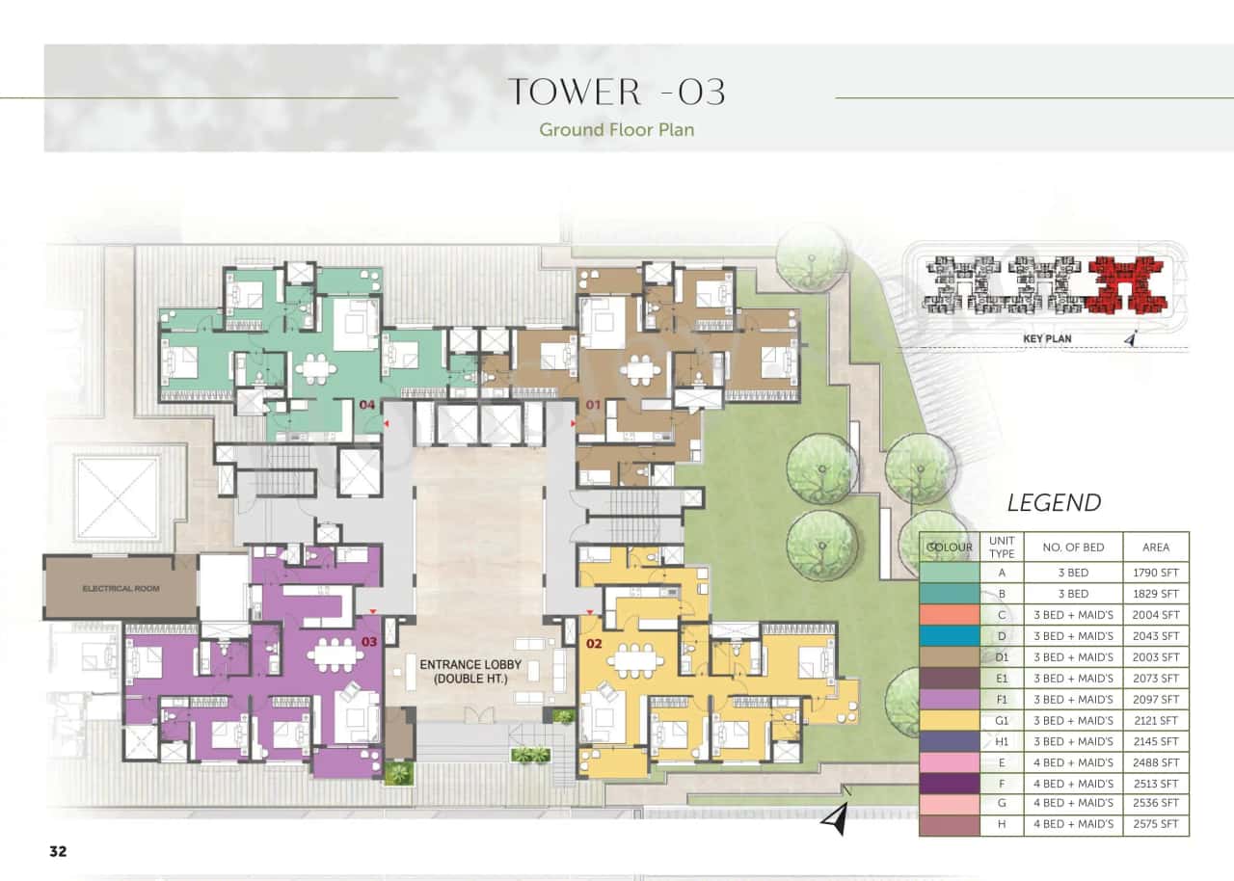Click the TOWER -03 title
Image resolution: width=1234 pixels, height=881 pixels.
pos(616,92)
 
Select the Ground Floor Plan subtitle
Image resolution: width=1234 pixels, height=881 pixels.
pos(616,129)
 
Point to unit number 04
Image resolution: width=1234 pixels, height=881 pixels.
pos(366,406)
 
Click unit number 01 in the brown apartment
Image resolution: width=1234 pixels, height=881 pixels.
pos(592,406)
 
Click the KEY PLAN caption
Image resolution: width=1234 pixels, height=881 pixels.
pos(1046,339)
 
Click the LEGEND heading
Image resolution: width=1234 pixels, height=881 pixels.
pos(1054,502)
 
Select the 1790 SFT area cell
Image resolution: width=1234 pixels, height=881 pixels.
pos(1156,573)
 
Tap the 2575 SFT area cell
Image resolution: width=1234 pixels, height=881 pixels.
pos(1156,825)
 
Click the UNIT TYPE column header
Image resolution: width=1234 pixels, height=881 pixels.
pos(1002,547)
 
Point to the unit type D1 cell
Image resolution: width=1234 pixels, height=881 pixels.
pos(1002,657)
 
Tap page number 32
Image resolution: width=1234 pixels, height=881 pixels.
pos(58,851)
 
